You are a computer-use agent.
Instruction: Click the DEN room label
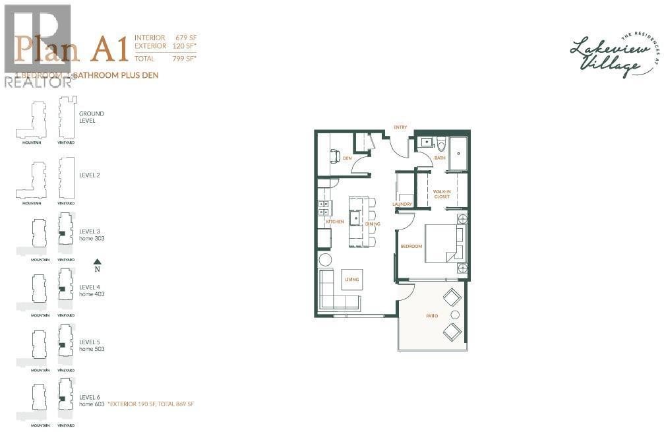coord(347,158)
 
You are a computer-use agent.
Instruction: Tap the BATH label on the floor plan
coord(440,158)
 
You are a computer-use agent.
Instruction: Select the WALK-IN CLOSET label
coord(442,193)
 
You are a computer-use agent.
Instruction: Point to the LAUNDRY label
coord(402,204)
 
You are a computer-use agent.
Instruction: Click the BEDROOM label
coord(411,247)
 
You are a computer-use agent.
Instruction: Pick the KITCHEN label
coord(335,222)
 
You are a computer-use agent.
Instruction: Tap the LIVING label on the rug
coord(351,280)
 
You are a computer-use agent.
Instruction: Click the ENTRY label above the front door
coord(400,127)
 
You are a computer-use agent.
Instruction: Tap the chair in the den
coord(334,156)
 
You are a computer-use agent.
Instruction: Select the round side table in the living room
coord(325,259)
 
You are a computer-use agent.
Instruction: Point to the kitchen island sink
coord(355,217)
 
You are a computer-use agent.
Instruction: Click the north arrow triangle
coord(97,261)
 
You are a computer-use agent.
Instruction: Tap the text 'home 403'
coord(92,294)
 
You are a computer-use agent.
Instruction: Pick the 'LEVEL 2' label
coord(90,175)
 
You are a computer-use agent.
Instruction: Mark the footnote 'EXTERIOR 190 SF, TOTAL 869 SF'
coord(152,404)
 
